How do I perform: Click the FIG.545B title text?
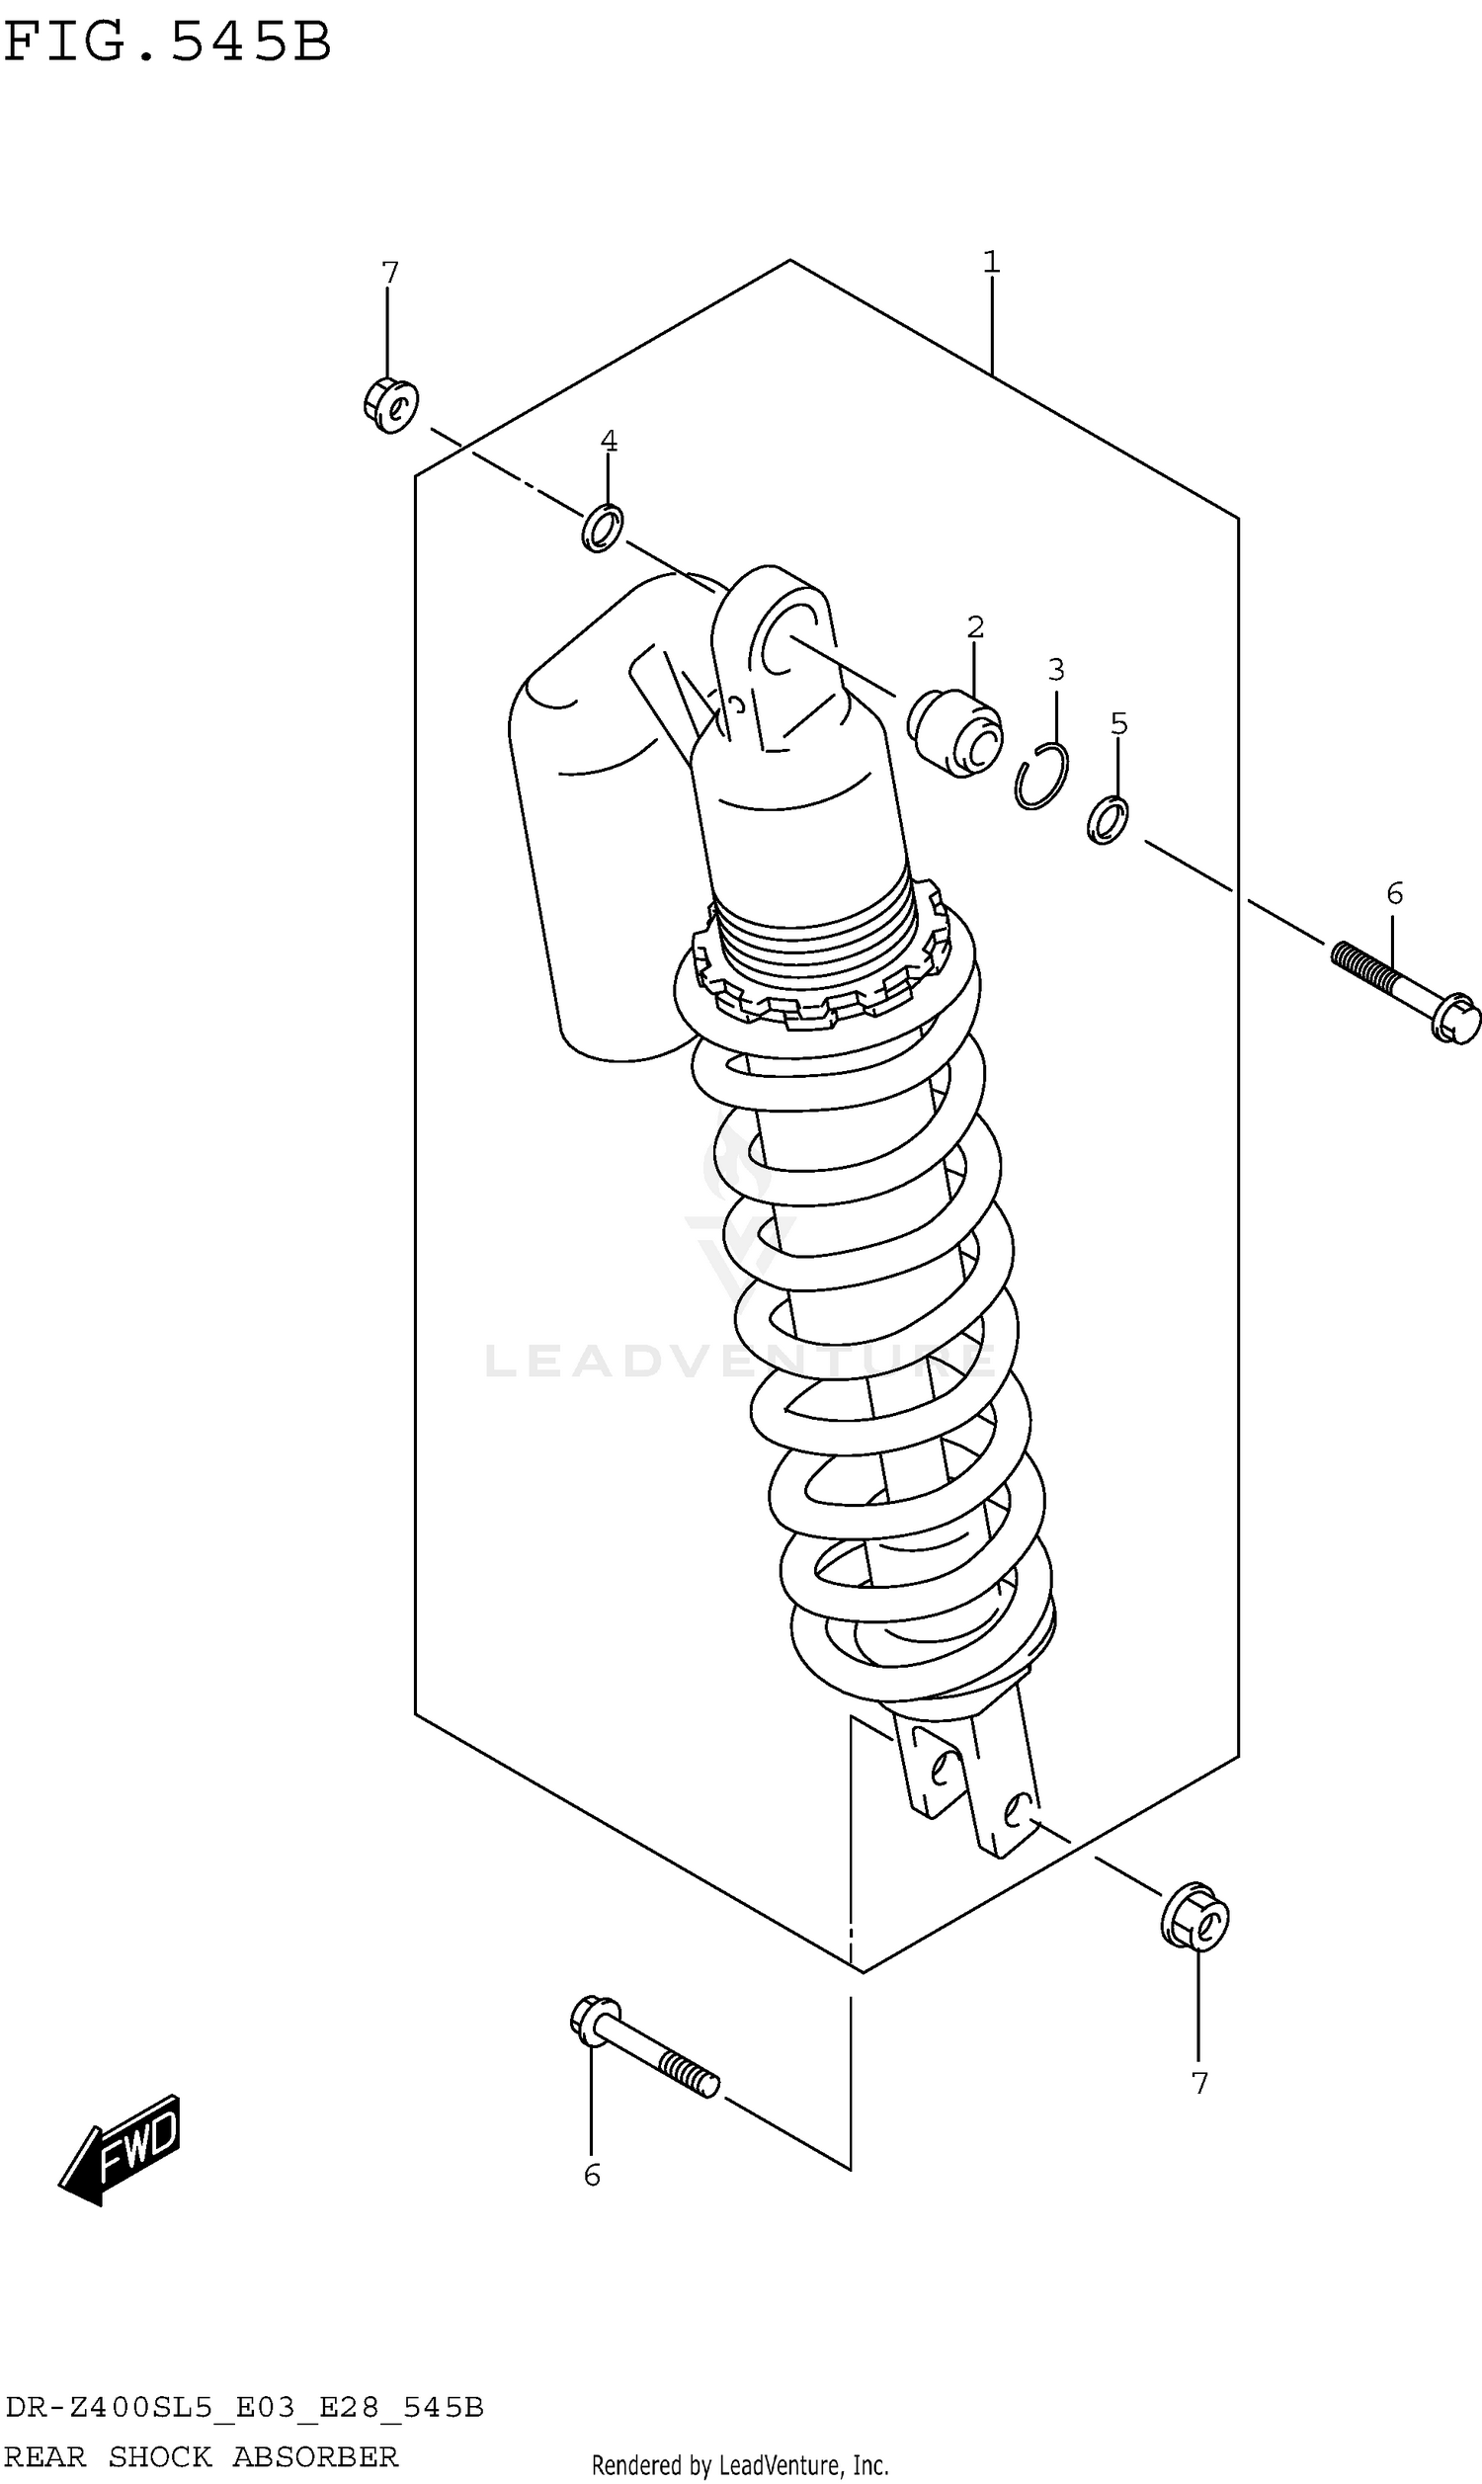pyautogui.click(x=167, y=42)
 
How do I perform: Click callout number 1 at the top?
pyautogui.click(x=991, y=263)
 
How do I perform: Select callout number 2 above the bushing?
pyautogui.click(x=976, y=627)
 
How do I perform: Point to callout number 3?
pyautogui.click(x=1056, y=669)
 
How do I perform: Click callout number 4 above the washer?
pyautogui.click(x=609, y=441)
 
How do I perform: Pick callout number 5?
pyautogui.click(x=1118, y=724)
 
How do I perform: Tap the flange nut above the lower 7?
pyautogui.click(x=1195, y=1917)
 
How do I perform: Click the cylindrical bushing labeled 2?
pyautogui.click(x=954, y=733)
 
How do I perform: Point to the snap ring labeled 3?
pyautogui.click(x=1041, y=776)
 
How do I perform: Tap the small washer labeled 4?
pyautogui.click(x=603, y=529)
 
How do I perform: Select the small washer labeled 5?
pyautogui.click(x=1108, y=820)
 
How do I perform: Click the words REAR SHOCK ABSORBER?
pyautogui.click(x=201, y=2455)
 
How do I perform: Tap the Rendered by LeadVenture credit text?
pyautogui.click(x=740, y=2465)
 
